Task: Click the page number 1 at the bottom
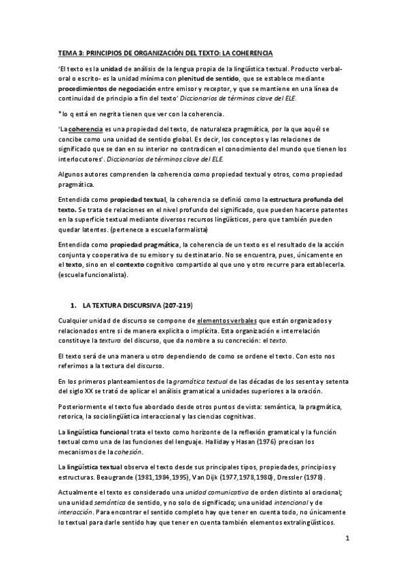pyautogui.click(x=347, y=539)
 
